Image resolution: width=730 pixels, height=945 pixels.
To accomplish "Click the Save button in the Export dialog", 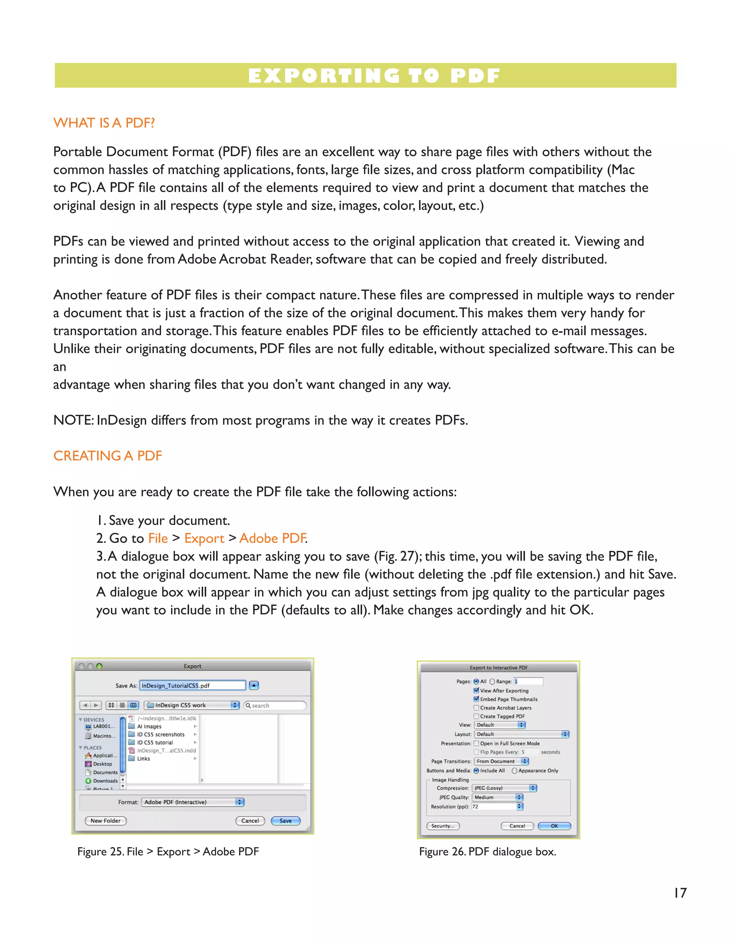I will click(286, 821).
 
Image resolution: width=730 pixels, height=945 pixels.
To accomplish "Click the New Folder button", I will click(106, 821).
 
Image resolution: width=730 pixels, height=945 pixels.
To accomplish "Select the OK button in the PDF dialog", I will click(554, 826).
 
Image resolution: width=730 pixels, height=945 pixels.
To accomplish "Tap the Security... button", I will click(443, 826).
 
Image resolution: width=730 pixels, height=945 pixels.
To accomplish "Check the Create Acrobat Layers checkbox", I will click(476, 708).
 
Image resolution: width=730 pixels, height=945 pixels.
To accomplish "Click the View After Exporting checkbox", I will click(476, 691).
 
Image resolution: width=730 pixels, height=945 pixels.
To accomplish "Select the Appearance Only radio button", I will click(514, 771).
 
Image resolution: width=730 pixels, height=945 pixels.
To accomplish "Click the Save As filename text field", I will click(193, 685).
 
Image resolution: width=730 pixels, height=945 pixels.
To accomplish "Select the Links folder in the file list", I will click(144, 758).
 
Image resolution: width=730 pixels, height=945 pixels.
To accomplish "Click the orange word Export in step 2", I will click(204, 538).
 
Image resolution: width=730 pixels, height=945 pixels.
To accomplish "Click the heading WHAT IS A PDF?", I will click(104, 123).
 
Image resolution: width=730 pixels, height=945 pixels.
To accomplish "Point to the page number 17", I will click(680, 893).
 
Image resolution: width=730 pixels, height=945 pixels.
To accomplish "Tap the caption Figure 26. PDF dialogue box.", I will click(487, 852).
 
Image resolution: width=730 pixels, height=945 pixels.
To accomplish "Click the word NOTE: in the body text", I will click(73, 420).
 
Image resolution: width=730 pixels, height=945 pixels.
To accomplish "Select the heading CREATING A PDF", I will click(108, 456).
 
